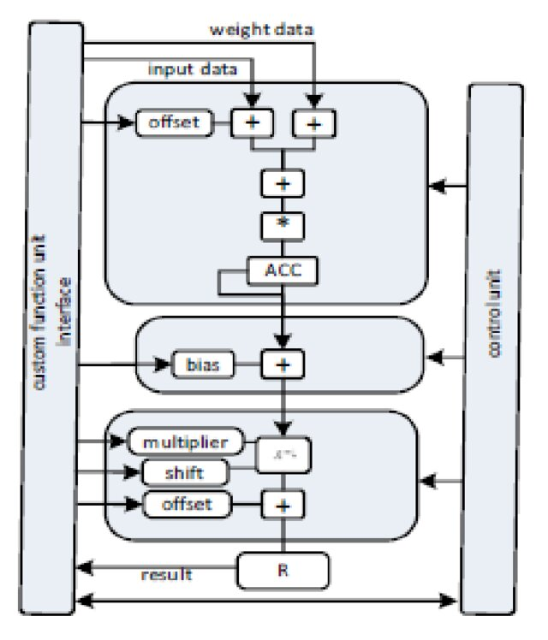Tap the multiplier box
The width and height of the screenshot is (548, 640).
186,441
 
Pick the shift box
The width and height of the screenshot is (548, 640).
185,472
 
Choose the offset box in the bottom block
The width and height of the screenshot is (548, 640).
187,504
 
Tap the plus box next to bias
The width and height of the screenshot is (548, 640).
282,365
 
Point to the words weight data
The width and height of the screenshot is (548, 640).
261,30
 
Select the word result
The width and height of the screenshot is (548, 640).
166,574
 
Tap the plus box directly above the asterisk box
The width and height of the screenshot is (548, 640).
282,183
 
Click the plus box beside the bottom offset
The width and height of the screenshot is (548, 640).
282,504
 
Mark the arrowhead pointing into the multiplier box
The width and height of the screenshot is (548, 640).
121,441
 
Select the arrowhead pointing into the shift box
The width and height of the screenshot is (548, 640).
134,472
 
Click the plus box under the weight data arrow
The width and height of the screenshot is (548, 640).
314,123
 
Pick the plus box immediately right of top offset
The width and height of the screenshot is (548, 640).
253,123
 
